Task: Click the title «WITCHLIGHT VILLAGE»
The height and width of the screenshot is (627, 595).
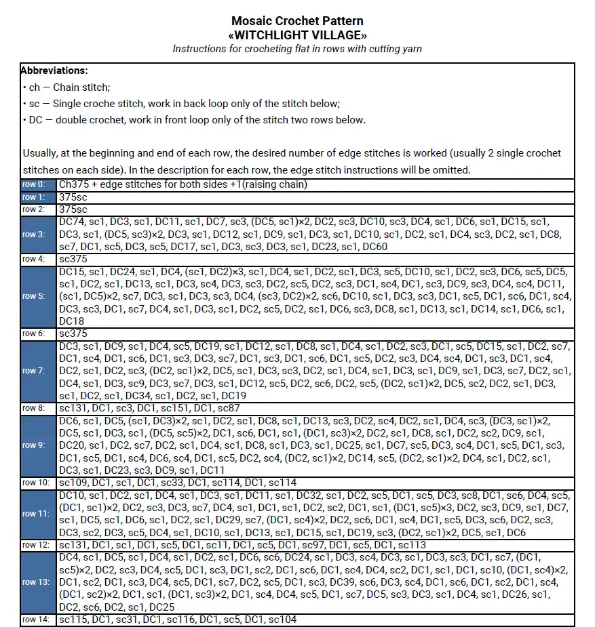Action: click(x=297, y=35)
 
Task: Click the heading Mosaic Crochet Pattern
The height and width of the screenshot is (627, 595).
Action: click(x=297, y=21)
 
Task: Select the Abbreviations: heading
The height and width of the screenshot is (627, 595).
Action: click(x=54, y=70)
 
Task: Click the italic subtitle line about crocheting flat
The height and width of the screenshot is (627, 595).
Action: click(x=297, y=49)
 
